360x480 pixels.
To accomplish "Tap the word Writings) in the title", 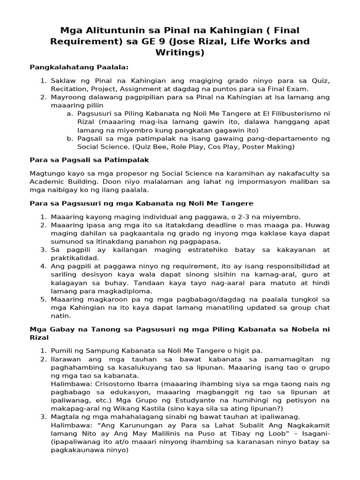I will click(x=180, y=52).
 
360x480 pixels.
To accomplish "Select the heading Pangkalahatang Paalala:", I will click(x=79, y=67).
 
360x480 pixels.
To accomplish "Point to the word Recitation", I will click(x=69, y=89).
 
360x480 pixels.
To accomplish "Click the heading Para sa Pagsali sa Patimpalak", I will click(x=89, y=160).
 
